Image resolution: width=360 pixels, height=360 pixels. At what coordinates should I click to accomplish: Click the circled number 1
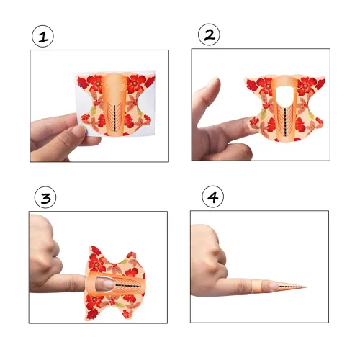point(43,36)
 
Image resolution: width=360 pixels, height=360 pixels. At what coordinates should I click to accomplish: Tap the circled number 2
point(209,35)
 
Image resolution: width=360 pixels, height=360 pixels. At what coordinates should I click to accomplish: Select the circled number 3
point(45,197)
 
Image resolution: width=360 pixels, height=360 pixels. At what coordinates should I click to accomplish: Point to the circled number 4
point(213,197)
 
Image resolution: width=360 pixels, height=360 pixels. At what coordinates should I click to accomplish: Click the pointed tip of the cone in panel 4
point(306,287)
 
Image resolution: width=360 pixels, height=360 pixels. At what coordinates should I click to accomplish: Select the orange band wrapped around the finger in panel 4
point(257,285)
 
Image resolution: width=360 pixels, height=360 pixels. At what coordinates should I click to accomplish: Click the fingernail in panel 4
point(274,286)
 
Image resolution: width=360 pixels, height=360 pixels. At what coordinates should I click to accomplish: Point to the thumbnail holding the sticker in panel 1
point(79,130)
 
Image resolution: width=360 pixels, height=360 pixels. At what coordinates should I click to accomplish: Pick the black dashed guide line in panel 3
point(127,286)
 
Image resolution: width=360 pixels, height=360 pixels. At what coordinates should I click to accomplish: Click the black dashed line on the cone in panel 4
point(290,287)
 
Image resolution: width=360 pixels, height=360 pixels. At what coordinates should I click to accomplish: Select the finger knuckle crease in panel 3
point(73,283)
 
